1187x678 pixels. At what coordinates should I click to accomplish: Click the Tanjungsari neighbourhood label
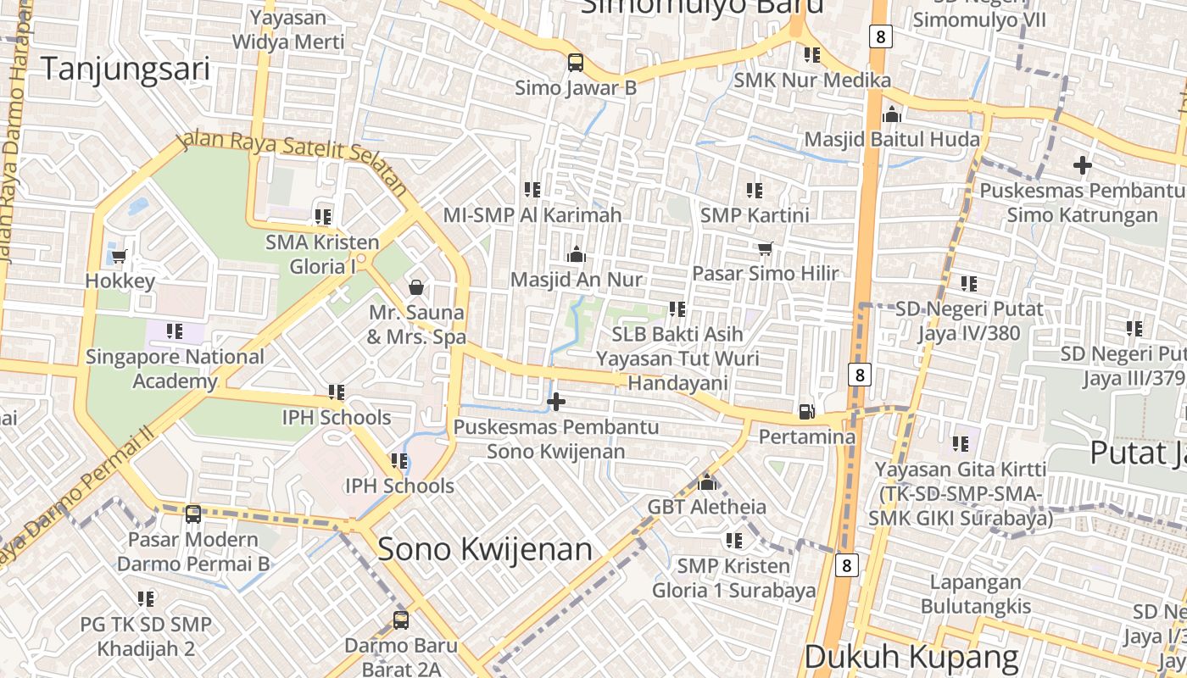(125, 69)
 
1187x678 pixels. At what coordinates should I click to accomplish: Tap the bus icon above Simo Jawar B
(576, 63)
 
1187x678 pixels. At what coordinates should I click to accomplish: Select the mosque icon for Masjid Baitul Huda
(892, 114)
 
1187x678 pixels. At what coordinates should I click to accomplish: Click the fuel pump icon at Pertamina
(807, 413)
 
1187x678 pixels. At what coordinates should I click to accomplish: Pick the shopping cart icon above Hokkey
(120, 256)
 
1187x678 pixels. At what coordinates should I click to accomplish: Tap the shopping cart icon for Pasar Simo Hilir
(765, 249)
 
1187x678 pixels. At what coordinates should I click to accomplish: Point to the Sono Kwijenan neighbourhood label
(485, 549)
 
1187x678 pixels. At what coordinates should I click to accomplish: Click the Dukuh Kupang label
(911, 657)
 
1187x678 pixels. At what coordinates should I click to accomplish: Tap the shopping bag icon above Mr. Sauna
(416, 287)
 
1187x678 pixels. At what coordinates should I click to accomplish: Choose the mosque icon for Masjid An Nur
(577, 254)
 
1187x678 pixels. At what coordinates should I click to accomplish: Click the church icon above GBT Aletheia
(707, 483)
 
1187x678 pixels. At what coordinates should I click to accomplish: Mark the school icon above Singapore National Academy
(175, 331)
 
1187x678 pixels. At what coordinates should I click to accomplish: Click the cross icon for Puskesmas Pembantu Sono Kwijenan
(556, 401)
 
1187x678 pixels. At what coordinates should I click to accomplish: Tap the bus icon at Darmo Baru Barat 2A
(401, 620)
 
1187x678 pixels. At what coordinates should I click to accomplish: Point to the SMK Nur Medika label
(812, 81)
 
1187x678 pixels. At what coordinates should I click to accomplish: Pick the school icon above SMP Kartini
(755, 191)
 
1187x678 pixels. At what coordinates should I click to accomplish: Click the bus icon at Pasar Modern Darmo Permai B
(193, 514)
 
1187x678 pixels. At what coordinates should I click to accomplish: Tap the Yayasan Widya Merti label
(288, 30)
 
